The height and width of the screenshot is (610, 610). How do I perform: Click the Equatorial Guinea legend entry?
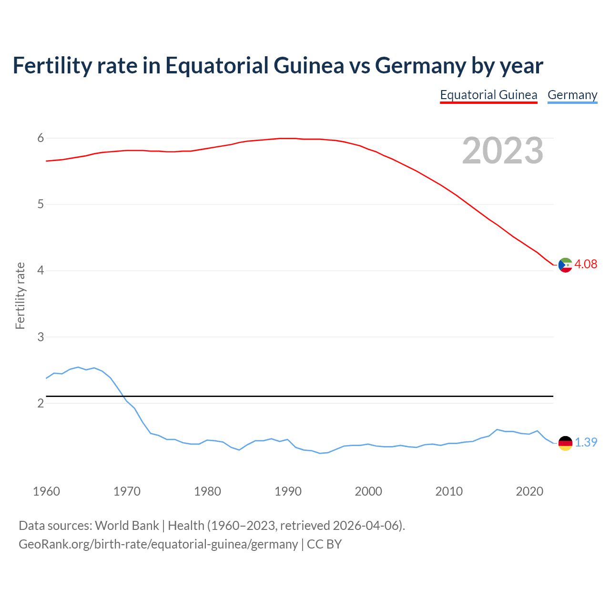click(488, 95)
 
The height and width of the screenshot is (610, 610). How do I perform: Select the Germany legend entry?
click(572, 95)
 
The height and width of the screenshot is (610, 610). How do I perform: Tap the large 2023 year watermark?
click(502, 151)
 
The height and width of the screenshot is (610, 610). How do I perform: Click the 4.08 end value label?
click(586, 264)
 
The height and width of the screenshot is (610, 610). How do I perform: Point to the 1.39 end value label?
click(586, 442)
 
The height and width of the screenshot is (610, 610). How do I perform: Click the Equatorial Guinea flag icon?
click(565, 265)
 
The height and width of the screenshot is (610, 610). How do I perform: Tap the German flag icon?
click(565, 443)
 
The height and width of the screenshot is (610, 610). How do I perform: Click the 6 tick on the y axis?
click(41, 138)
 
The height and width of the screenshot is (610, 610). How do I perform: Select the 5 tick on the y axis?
click(41, 204)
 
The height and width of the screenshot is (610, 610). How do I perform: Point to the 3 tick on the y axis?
click(41, 337)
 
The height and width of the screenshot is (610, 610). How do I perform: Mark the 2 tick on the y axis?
click(41, 403)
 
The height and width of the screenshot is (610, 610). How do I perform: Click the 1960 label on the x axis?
click(46, 491)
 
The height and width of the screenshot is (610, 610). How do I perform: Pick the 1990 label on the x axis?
click(288, 491)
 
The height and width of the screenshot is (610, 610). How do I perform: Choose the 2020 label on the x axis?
click(529, 491)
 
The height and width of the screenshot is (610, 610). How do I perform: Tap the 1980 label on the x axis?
click(207, 491)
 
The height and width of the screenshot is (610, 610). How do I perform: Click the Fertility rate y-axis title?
click(20, 295)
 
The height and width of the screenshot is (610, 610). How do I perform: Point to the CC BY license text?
click(324, 544)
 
